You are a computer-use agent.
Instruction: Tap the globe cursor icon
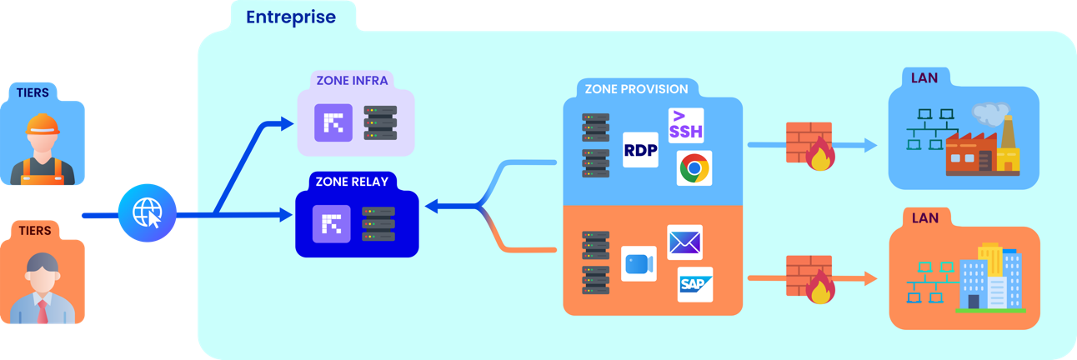(x=147, y=212)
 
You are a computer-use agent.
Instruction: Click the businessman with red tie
(x=41, y=287)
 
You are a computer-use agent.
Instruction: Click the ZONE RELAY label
(x=352, y=181)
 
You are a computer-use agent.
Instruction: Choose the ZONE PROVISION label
(x=636, y=89)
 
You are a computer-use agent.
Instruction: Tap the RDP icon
(x=640, y=150)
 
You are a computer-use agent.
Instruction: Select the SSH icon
(x=687, y=125)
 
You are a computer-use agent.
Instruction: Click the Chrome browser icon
(x=694, y=168)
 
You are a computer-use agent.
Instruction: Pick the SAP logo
(x=695, y=284)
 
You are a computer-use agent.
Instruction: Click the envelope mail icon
(x=684, y=242)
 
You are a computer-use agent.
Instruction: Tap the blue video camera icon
(x=639, y=263)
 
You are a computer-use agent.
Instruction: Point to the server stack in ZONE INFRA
(x=380, y=122)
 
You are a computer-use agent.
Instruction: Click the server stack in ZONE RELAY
(x=378, y=224)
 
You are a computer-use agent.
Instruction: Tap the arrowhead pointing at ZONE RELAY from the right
(x=433, y=204)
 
